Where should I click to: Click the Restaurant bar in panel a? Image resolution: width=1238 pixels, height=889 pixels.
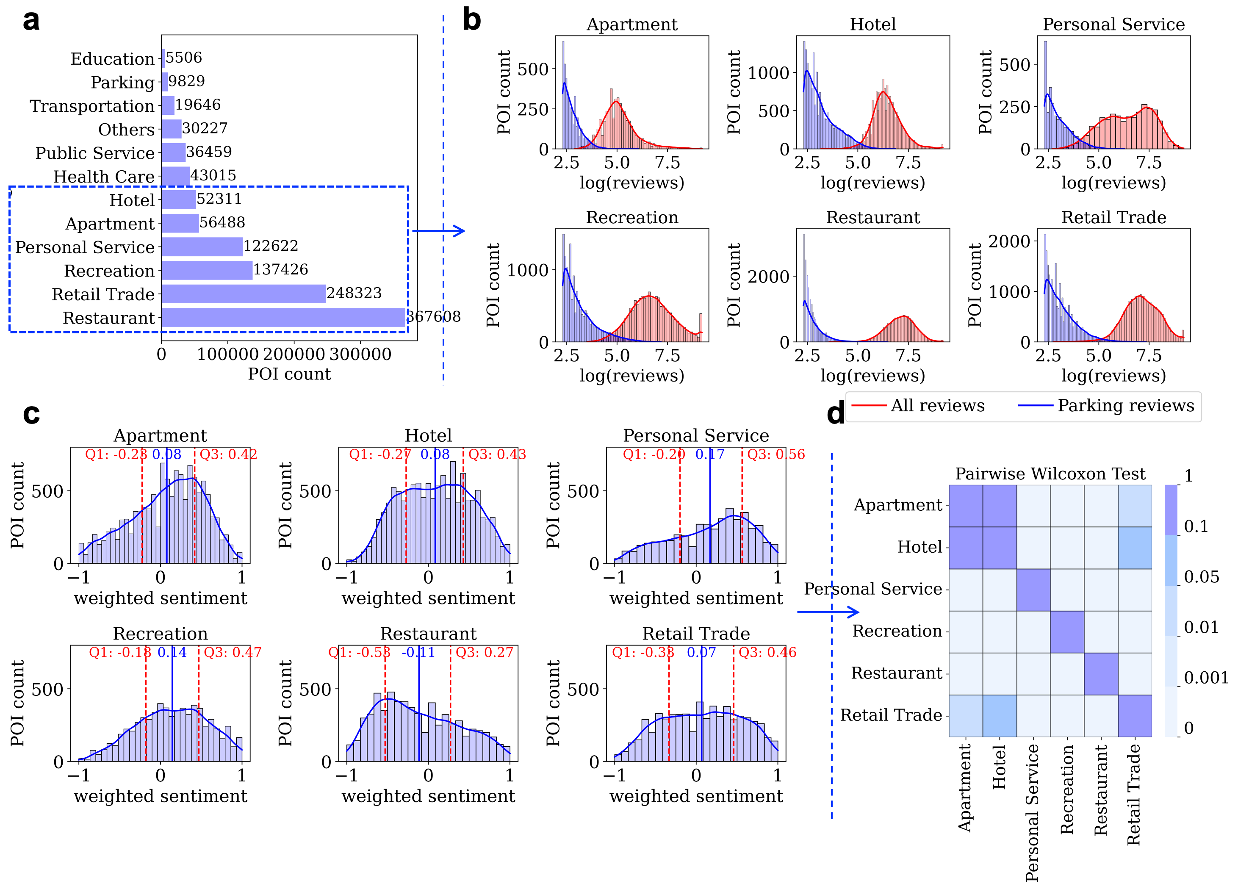283,318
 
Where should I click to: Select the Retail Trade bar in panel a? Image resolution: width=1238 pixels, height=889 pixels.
244,294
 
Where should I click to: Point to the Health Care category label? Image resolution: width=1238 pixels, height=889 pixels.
104,177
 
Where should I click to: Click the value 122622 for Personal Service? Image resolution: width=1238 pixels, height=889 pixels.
271,246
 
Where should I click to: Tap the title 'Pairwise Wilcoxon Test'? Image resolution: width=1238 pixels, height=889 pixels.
1050,474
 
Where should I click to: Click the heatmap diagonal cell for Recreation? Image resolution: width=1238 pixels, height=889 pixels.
1067,632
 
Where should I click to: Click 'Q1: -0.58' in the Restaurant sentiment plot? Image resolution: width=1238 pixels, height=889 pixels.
359,653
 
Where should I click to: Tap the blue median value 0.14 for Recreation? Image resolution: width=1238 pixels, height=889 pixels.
172,653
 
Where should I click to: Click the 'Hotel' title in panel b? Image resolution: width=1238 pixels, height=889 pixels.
872,25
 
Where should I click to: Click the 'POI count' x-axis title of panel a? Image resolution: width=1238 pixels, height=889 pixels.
289,374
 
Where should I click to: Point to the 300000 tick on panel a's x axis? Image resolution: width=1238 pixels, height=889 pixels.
360,355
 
